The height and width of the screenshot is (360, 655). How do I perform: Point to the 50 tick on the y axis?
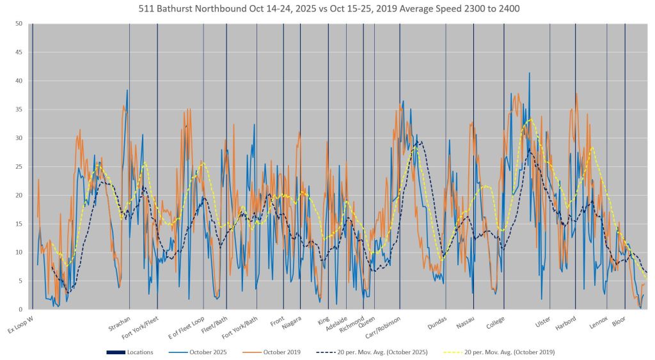click(x=20, y=24)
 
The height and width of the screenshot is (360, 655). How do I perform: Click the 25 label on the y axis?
click(x=20, y=166)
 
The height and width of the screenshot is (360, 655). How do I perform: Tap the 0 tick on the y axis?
click(x=22, y=309)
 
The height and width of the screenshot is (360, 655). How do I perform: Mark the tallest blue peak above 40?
click(x=530, y=74)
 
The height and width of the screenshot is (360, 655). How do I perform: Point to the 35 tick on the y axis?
click(x=20, y=109)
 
